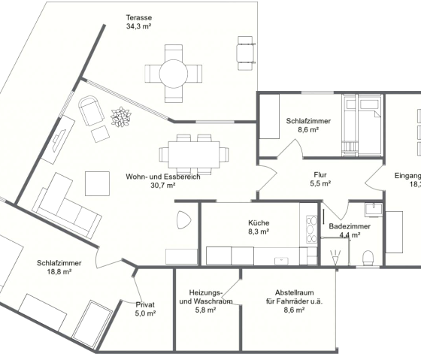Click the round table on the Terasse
pos(174,73)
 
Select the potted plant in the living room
pos(120,118)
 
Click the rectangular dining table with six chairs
pos(193,153)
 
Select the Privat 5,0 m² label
pos(145,309)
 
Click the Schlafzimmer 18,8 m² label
pos(54,268)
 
